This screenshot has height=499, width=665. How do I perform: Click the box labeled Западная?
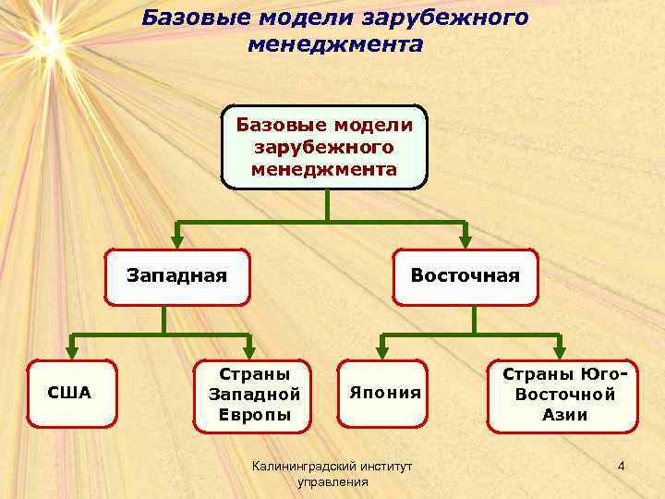click(x=177, y=276)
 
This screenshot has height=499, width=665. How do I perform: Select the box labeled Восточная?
click(x=465, y=276)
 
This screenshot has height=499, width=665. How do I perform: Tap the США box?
click(x=70, y=393)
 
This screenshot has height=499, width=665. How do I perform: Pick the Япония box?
click(x=385, y=393)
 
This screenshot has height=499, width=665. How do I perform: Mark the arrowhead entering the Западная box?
click(x=177, y=242)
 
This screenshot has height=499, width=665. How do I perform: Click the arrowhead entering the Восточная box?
click(x=465, y=242)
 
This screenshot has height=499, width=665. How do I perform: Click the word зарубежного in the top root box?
click(x=323, y=148)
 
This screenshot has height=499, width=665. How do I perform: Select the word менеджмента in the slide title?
click(x=334, y=44)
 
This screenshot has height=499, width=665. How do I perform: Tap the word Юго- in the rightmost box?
click(x=605, y=373)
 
